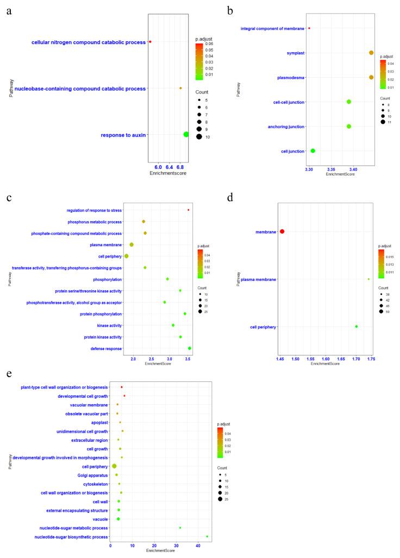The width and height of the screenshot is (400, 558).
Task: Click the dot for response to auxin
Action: pos(186,134)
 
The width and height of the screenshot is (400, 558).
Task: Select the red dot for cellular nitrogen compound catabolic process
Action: pos(150,42)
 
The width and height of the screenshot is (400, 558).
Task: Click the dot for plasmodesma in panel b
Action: pos(371,78)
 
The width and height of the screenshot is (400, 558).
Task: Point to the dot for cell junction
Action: pos(312,151)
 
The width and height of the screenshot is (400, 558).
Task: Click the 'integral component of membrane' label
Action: pos(272,28)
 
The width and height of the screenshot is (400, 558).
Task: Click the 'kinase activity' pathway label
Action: pos(108,325)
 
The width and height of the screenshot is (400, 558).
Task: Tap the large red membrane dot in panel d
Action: pos(282,232)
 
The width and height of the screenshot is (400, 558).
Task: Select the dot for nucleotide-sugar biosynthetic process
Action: pos(207,536)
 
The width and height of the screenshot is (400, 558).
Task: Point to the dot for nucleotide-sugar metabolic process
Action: pos(180,528)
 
